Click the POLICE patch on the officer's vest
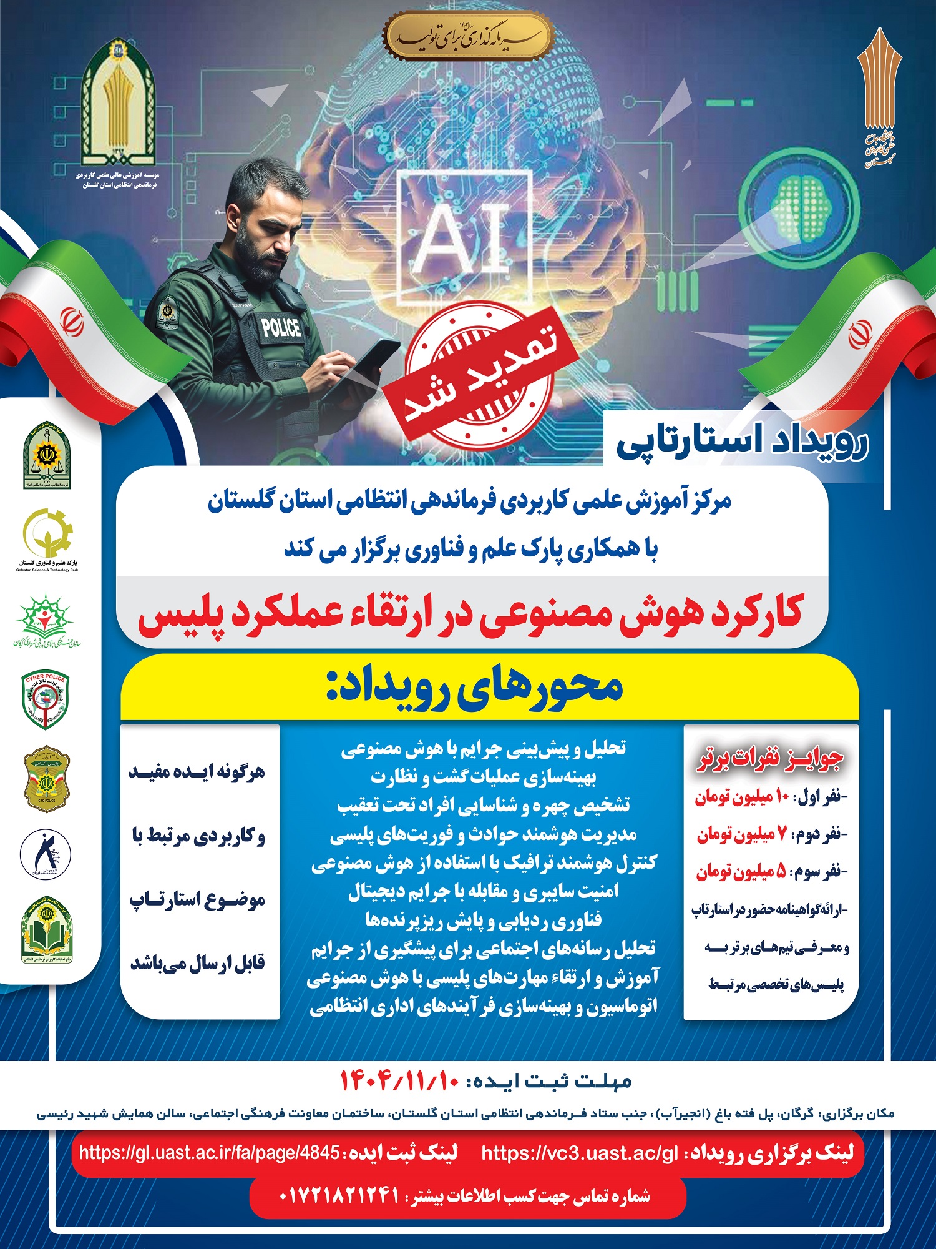click(280, 327)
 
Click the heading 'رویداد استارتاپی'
click(743, 442)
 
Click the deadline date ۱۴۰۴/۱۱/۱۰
click(399, 1080)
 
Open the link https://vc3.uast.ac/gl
click(580, 1153)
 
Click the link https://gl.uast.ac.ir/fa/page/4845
click(209, 1153)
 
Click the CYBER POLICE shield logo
click(46, 699)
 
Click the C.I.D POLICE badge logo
click(47, 778)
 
